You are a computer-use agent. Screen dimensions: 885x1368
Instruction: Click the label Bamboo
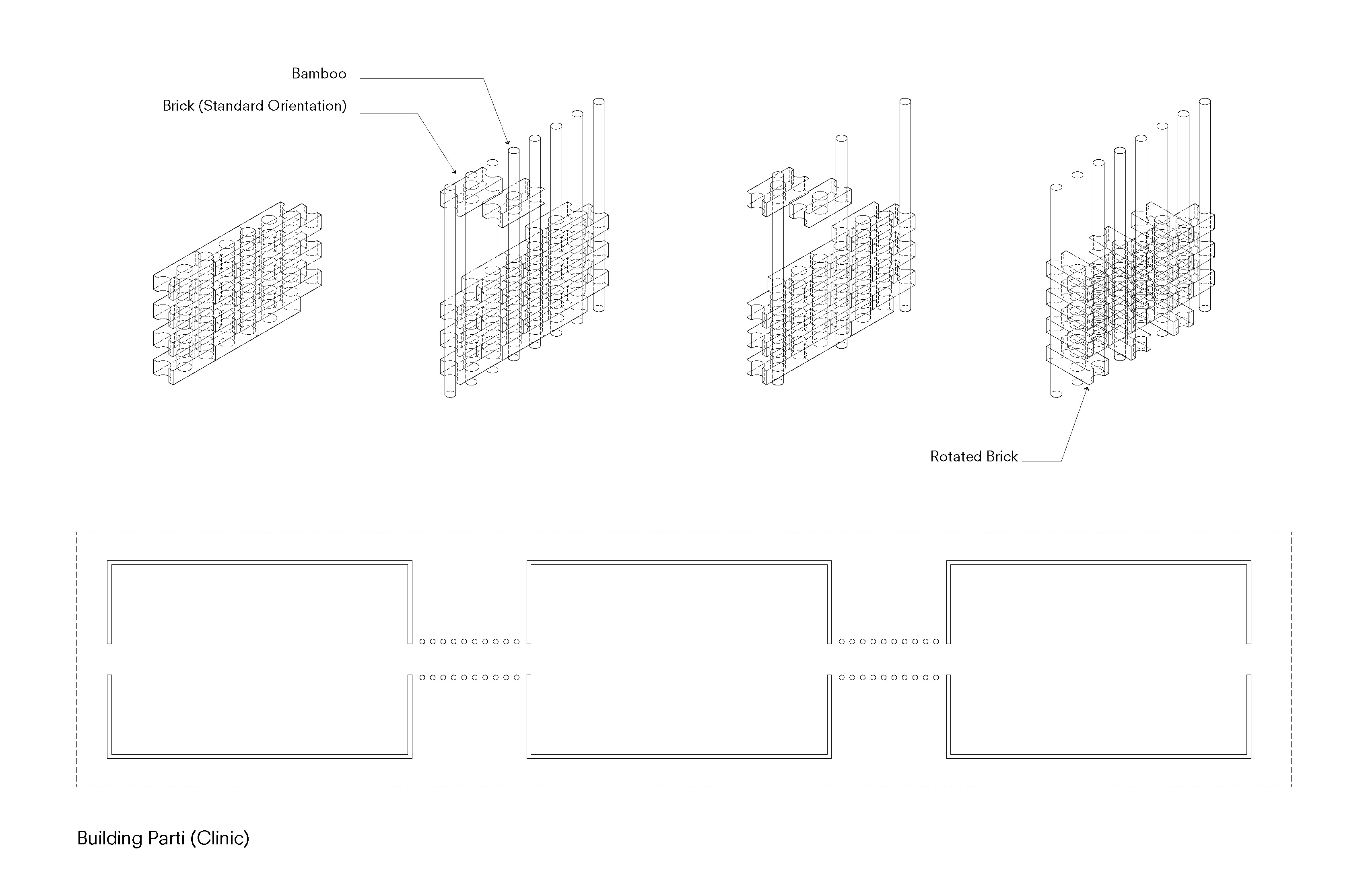point(319,74)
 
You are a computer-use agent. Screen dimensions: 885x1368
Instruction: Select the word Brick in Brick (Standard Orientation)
point(178,106)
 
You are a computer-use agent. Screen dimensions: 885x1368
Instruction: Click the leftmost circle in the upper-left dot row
point(422,641)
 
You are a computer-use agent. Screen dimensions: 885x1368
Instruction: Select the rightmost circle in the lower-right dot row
point(936,677)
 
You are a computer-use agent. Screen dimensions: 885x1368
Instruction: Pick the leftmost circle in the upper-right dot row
point(842,641)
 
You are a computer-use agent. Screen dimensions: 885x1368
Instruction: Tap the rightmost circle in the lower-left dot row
point(516,677)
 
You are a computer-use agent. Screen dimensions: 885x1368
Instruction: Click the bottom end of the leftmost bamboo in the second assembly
point(450,394)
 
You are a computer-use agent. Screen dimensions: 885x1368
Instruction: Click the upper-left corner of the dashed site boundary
point(77,533)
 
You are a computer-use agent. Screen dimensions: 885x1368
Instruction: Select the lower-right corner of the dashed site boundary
point(1291,786)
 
